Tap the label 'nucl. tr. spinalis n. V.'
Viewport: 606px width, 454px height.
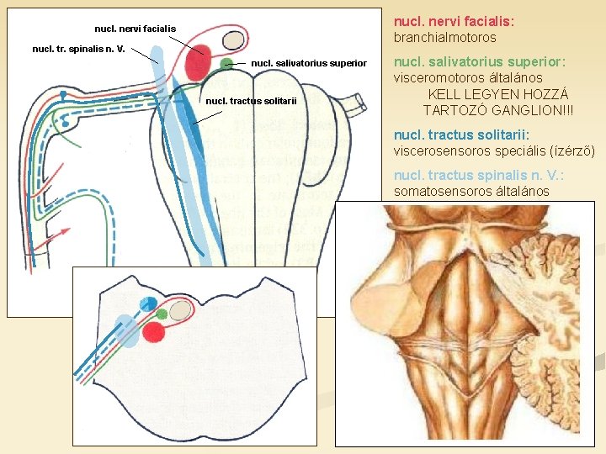78,49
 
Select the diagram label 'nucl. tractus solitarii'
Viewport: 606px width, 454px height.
251,102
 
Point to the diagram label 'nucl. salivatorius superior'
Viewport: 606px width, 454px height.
309,63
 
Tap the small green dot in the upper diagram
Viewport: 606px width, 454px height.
226,64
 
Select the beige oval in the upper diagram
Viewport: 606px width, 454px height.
233,40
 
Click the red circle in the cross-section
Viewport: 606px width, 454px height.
153,331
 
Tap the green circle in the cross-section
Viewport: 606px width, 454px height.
161,314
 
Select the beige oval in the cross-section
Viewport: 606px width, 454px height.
180,309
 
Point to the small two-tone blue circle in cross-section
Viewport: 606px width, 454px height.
147,304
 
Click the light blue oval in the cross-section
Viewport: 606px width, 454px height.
127,330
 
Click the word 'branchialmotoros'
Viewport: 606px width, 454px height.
445,38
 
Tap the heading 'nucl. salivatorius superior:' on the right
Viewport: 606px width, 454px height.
479,62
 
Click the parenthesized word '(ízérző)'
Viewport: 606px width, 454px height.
571,151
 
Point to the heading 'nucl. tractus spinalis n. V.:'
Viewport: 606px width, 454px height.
479,176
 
